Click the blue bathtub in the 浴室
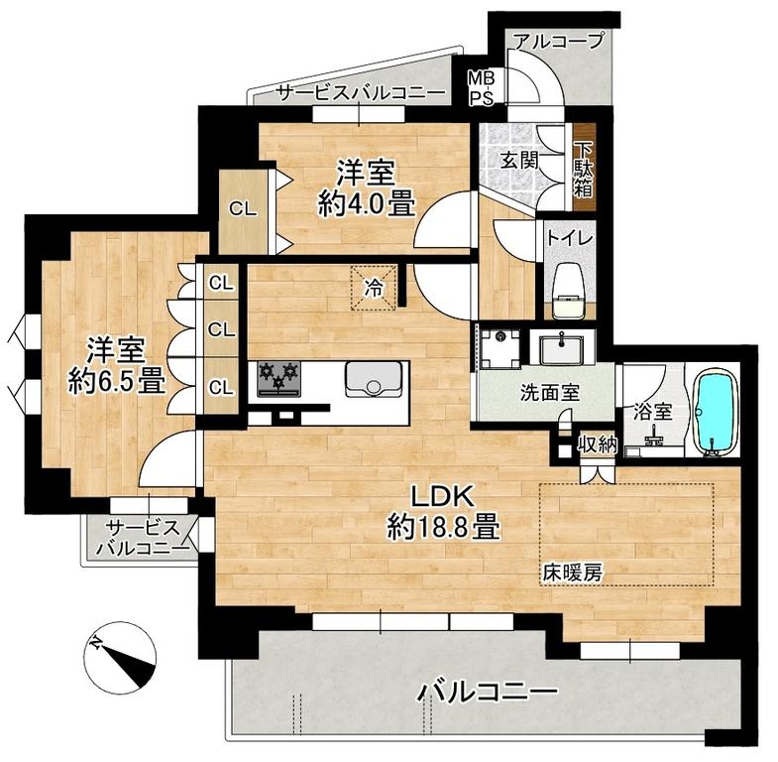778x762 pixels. point(716,413)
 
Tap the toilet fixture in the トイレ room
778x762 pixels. point(570,290)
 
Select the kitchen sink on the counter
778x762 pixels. point(374,378)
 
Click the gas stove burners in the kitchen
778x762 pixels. point(278,379)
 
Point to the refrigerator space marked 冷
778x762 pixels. point(374,288)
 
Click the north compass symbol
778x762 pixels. point(120,657)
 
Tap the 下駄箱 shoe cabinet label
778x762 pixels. point(585,169)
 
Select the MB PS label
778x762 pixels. point(482,87)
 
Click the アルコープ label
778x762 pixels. point(559,40)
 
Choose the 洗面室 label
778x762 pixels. point(550,394)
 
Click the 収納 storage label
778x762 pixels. point(598,445)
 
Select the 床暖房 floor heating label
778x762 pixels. point(572,573)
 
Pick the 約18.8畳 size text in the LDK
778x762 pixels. point(443,528)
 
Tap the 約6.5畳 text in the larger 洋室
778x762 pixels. point(117,382)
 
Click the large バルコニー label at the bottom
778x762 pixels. point(488,692)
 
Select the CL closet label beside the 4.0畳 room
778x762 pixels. point(243,209)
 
